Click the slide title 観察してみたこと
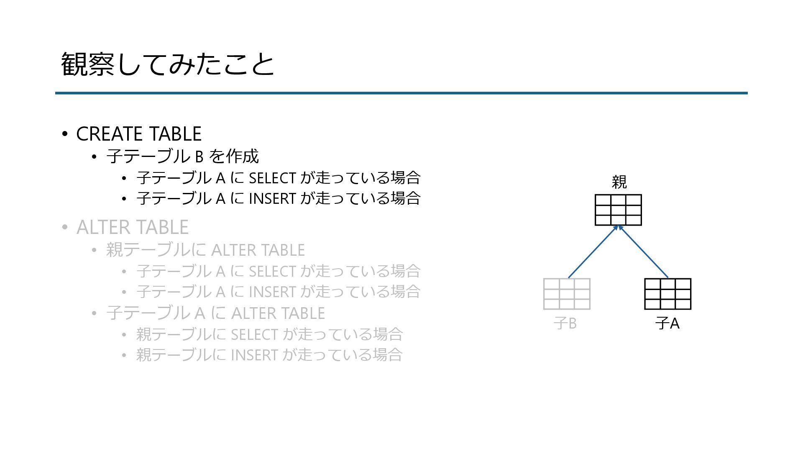167,64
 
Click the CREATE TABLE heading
138,134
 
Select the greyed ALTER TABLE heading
132,227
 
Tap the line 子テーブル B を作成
182,157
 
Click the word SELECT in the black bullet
272,178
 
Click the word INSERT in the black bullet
272,198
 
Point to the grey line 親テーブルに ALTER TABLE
205,250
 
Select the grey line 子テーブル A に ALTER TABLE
215,313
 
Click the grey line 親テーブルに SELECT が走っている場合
269,334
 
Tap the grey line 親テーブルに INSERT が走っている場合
269,355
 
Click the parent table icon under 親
618,210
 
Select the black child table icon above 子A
667,294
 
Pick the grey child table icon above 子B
567,294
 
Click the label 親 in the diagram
619,182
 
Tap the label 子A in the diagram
667,324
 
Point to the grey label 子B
565,324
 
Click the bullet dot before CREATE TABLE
64,134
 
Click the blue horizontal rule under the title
401,93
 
